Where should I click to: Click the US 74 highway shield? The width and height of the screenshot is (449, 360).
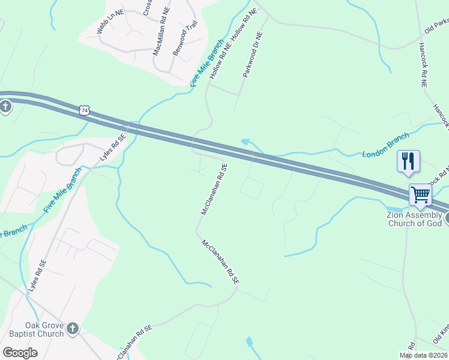click(85, 110)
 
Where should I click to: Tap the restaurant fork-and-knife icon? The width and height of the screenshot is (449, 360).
click(408, 161)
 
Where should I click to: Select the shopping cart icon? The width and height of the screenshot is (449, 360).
click(420, 194)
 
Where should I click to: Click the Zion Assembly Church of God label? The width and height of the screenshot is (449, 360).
click(414, 219)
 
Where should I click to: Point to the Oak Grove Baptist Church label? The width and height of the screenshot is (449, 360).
click(36, 330)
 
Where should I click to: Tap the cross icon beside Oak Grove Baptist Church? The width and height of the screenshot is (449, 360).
click(72, 328)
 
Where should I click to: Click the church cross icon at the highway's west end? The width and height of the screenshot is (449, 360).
click(5, 107)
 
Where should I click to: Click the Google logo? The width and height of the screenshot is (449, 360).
click(20, 353)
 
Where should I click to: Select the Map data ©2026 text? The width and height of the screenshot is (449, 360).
click(423, 355)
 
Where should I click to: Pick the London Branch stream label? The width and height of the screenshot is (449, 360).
click(385, 145)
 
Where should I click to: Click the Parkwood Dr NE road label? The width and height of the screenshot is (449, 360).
click(253, 55)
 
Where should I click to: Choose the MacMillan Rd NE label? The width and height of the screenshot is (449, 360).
click(161, 32)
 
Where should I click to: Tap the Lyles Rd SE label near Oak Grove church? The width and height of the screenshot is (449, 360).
click(36, 276)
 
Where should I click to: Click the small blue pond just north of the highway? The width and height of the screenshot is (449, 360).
click(244, 142)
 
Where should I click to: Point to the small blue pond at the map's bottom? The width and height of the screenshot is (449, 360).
click(249, 341)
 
